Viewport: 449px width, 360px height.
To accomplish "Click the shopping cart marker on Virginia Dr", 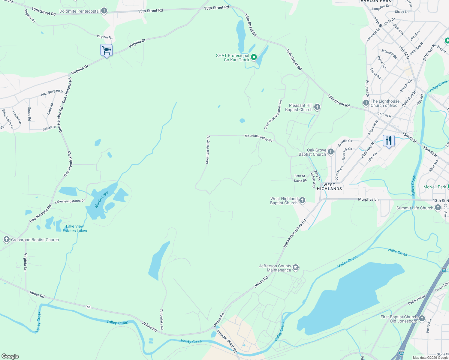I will [x=106, y=50].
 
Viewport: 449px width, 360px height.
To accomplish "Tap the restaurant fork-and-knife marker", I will [x=389, y=140].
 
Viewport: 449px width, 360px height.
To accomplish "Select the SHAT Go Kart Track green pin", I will [x=254, y=57].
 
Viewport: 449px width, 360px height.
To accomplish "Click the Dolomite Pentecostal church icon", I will [x=104, y=11].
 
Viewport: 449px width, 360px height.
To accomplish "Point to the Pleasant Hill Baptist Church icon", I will [x=317, y=107].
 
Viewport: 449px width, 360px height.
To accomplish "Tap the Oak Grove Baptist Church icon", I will [x=330, y=152].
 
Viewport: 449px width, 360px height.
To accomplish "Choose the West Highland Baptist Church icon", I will [x=302, y=200].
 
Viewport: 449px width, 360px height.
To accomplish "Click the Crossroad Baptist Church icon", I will [x=7, y=239].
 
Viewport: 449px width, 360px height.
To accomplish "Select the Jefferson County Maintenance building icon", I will [x=296, y=268].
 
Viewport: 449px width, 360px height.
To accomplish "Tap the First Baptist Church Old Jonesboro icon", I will [x=422, y=319].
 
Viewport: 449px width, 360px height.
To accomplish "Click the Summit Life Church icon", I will [x=438, y=208].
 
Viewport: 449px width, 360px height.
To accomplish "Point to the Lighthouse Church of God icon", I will [x=366, y=103].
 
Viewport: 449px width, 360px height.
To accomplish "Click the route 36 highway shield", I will [x=88, y=307].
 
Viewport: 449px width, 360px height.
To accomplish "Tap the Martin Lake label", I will [x=101, y=199].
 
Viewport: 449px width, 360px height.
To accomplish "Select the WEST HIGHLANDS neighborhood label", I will [x=329, y=187].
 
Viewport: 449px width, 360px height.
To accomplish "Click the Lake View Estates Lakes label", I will [x=75, y=229].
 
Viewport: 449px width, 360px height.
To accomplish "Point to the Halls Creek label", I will [x=398, y=252].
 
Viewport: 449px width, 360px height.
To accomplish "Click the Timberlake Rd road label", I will [x=161, y=319].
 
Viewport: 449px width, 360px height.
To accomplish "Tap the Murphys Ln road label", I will [x=368, y=199].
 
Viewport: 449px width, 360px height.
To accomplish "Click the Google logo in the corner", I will [x=10, y=356].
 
